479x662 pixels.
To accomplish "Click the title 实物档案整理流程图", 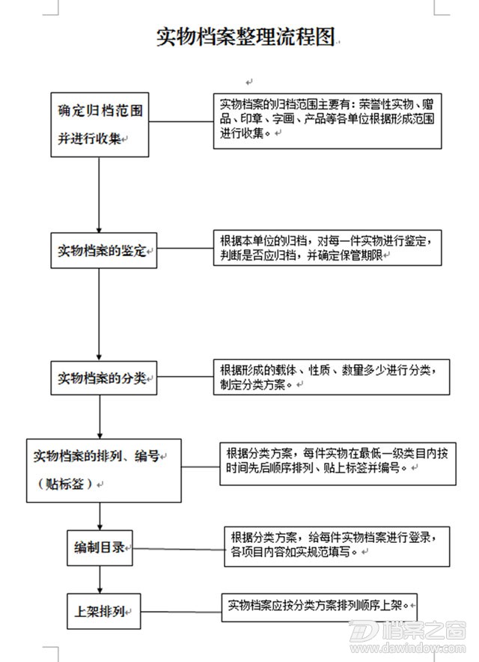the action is point(245,37).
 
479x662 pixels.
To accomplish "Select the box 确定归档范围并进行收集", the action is point(100,125).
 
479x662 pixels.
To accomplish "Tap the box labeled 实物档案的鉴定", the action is point(104,250).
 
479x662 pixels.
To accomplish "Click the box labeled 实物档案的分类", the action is point(104,378).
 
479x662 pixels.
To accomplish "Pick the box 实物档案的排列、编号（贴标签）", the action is point(104,470).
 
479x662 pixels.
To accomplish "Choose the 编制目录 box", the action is point(100,548).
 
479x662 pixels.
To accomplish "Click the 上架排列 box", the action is point(103,611).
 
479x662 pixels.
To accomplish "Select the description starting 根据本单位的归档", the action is point(328,248).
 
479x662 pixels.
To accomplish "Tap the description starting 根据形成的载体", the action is point(332,377).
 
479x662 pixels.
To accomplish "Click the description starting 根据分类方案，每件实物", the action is point(338,464).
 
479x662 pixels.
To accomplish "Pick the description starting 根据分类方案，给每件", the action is point(337,547).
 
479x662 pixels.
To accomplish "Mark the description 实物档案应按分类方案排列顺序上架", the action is point(319,607).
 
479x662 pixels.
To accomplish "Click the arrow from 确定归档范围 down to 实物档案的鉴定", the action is point(100,195).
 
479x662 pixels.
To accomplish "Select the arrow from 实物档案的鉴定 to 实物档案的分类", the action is point(100,315).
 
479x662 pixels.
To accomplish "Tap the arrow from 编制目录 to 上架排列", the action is point(100,580).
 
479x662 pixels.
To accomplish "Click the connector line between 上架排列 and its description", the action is point(181,612).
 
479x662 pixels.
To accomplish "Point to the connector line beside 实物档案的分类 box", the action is point(185,377).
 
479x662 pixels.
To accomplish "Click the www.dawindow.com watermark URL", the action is point(408,648).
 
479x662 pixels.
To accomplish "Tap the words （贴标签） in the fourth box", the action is point(65,484).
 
